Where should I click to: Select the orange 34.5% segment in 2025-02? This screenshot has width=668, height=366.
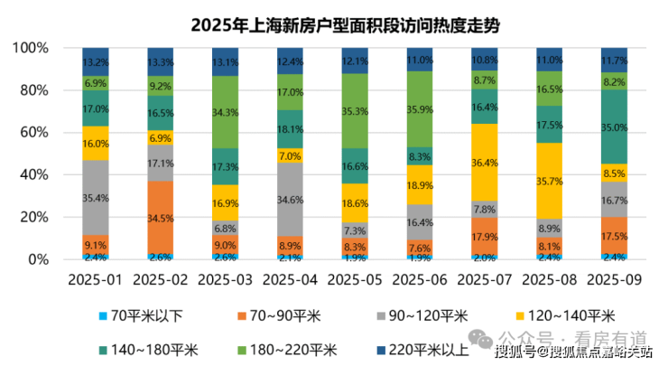click(x=161, y=218)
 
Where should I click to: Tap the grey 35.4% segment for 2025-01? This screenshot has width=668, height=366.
click(x=95, y=198)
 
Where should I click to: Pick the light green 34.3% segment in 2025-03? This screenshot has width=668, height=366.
click(x=226, y=112)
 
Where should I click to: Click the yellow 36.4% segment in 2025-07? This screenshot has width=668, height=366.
click(x=485, y=163)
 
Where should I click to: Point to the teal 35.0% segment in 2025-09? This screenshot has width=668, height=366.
click(x=614, y=127)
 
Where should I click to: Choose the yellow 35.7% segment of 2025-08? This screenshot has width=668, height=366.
click(x=550, y=181)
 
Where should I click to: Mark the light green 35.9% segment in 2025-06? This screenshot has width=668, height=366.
click(x=420, y=109)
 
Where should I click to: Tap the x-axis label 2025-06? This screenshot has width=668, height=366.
click(x=420, y=280)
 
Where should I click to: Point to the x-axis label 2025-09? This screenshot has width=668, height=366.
click(x=614, y=280)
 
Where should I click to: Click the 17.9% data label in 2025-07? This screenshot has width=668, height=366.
click(x=485, y=237)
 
